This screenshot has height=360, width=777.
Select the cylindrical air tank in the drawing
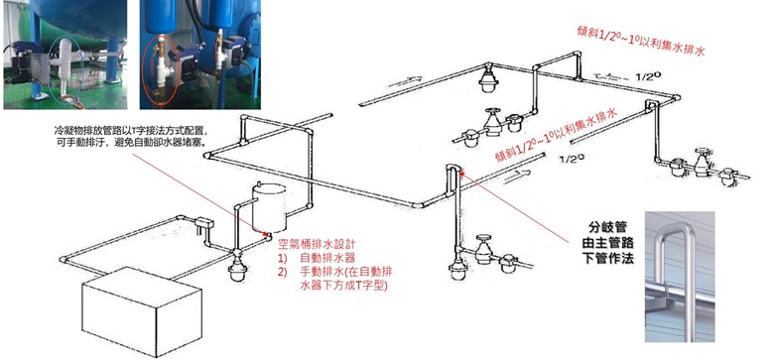(x=269, y=208)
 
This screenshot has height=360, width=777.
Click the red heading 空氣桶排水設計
(x=317, y=245)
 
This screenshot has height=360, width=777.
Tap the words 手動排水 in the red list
(x=319, y=272)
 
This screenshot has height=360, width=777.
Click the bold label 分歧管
(x=607, y=228)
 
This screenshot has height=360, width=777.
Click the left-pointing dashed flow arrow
(x=611, y=76)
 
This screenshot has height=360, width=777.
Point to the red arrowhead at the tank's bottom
(x=266, y=233)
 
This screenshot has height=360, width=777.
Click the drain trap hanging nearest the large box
(x=236, y=269)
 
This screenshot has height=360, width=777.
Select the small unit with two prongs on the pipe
(x=203, y=224)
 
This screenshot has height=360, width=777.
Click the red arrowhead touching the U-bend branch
(x=462, y=173)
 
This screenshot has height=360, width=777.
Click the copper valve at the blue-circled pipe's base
(x=74, y=103)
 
